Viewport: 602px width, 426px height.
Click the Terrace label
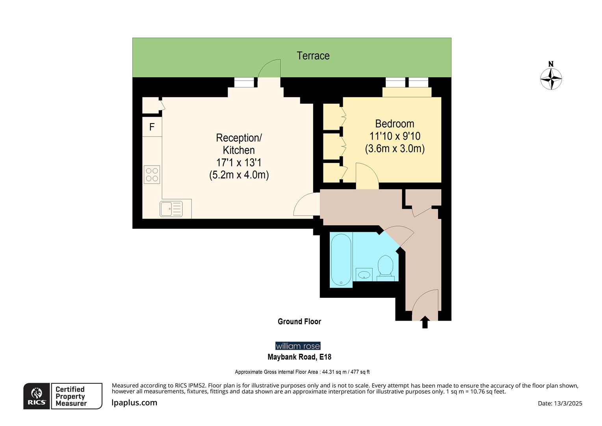tap(313, 56)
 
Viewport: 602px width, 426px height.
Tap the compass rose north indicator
tap(551, 78)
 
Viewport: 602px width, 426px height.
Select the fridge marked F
tap(152, 127)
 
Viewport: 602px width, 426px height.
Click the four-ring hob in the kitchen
tap(152, 174)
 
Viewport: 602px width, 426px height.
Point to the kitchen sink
tap(171, 209)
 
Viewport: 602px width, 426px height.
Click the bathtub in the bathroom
tap(341, 259)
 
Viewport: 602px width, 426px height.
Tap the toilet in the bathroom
tap(385, 266)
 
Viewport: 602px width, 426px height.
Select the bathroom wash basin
tap(364, 274)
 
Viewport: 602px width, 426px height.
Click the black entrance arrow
tap(425, 322)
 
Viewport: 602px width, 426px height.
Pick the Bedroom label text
tap(394, 123)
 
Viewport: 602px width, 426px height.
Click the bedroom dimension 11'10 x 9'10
tap(395, 136)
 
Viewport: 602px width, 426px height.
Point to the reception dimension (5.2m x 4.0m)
tap(239, 175)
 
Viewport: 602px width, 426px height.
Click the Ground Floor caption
tap(299, 321)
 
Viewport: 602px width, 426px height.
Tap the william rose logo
tap(298, 346)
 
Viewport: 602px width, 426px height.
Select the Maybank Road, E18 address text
tap(299, 357)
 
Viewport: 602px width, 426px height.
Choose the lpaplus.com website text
tap(134, 403)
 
